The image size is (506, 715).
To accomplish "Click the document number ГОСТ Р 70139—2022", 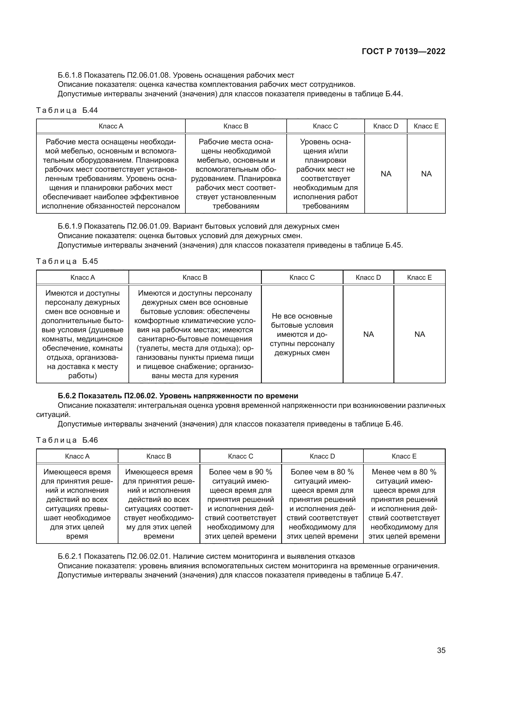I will click(x=404, y=51).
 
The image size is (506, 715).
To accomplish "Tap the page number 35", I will click(x=441, y=650).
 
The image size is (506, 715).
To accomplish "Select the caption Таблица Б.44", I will click(x=67, y=110).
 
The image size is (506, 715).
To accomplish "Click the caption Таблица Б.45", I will click(x=67, y=261).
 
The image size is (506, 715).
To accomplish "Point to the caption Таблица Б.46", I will click(x=67, y=440).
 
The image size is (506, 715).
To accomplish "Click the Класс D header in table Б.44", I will click(x=385, y=126).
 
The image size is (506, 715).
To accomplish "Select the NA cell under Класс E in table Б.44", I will click(x=426, y=174).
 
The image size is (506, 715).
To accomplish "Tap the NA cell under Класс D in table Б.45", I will click(x=368, y=334).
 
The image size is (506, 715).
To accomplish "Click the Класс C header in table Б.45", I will click(x=302, y=278).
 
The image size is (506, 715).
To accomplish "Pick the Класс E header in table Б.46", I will click(x=404, y=456).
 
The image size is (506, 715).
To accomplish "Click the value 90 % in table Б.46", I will click(x=263, y=472).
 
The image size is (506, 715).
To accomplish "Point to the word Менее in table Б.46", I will click(x=383, y=472).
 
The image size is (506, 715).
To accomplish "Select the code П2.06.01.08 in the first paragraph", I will click(x=148, y=75).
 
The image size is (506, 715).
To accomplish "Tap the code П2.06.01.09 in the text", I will click(x=148, y=226).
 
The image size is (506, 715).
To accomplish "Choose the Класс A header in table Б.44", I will click(x=111, y=126).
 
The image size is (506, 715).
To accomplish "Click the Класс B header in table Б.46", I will click(x=158, y=456).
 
